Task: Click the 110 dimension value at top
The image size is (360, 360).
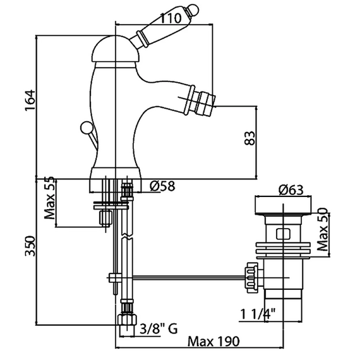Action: [x=171, y=18]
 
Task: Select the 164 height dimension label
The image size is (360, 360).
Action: [x=30, y=100]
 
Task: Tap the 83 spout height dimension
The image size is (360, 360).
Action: [x=249, y=138]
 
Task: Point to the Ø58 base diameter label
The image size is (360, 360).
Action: [x=162, y=186]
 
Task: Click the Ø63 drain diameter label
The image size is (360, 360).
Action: [x=291, y=190]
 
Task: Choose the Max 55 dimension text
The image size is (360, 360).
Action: [x=50, y=198]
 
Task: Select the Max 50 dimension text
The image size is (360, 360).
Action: [x=322, y=229]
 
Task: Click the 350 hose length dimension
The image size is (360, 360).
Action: [x=30, y=246]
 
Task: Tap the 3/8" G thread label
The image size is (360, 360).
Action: [x=159, y=329]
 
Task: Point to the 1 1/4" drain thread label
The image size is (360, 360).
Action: [x=258, y=314]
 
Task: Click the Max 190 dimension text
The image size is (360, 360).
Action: [x=213, y=342]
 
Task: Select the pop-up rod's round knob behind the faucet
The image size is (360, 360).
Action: [x=86, y=127]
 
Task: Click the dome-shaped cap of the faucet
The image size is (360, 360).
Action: [x=114, y=49]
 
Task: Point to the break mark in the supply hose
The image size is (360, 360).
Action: [x=126, y=236]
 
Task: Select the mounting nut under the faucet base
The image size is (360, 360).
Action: [x=105, y=218]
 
